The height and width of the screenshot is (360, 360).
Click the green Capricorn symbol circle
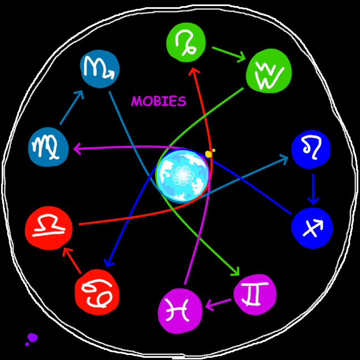pos(186,43)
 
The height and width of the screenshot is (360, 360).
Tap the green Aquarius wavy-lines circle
pos(269,71)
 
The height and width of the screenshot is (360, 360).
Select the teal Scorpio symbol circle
pos(100,69)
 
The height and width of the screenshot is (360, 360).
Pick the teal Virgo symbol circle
pos(48,147)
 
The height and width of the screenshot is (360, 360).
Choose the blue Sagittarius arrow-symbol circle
pos(312,228)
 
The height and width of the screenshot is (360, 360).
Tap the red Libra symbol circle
pos(49,228)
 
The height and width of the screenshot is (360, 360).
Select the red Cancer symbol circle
pos(97,292)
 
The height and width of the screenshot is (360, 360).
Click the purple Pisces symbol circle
pos(180,310)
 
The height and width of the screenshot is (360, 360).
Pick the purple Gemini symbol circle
pos(255,294)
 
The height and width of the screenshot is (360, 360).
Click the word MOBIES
pos(158,101)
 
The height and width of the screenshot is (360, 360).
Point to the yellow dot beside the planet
pos(209,154)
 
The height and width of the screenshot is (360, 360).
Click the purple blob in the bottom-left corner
pos(32,337)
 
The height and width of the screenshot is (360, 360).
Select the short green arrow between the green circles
pos(228,54)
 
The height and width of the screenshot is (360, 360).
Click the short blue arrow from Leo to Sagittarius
pos(313,189)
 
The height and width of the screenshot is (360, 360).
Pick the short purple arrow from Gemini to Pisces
pos(218,303)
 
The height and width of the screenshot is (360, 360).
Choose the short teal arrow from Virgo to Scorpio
pos(71,107)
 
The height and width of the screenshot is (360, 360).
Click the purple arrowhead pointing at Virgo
pos(76,148)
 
